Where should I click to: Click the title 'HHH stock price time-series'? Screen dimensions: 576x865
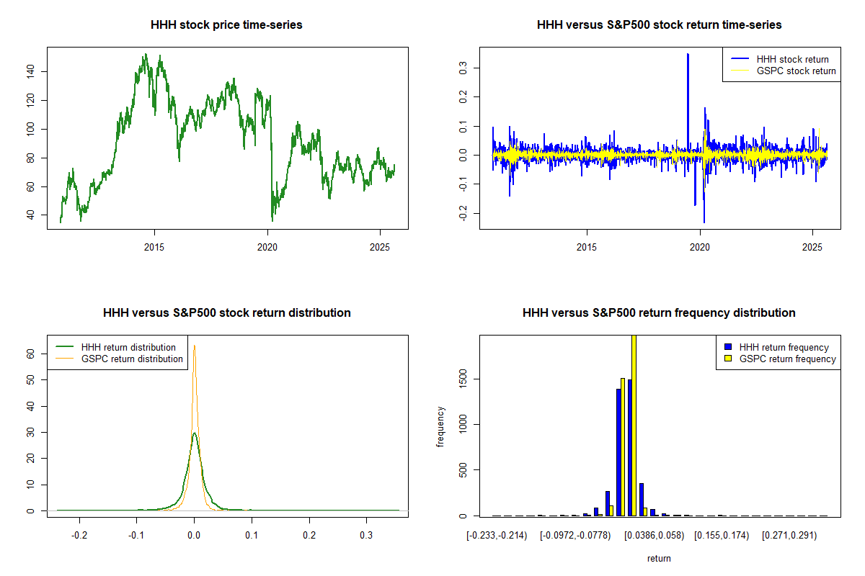pos(226,25)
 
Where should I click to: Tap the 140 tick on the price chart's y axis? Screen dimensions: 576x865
pos(39,71)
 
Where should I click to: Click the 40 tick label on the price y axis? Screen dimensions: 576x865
pos(39,215)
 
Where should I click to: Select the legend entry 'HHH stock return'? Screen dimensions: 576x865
pos(792,60)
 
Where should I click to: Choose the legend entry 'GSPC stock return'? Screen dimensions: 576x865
pos(796,71)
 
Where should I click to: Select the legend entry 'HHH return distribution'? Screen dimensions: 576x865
pos(128,348)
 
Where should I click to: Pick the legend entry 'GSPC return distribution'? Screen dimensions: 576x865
pos(132,359)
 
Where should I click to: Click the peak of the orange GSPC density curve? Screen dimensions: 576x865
pos(194,346)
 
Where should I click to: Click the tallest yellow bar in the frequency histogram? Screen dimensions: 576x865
pos(634,425)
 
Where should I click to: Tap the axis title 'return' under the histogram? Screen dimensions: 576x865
pos(659,558)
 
